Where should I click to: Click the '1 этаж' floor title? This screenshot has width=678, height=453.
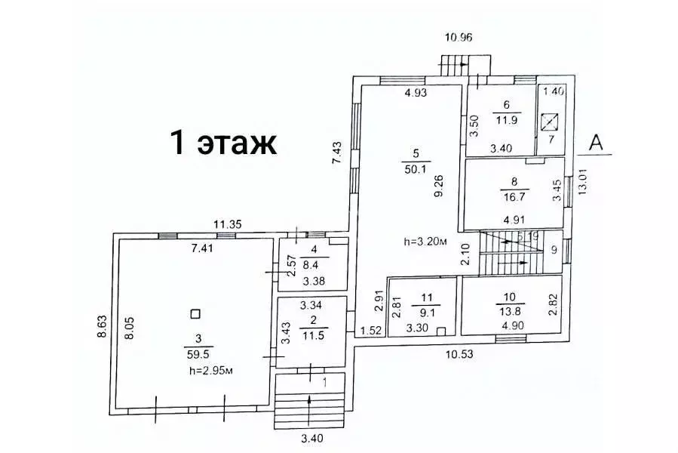pyautogui.click(x=222, y=142)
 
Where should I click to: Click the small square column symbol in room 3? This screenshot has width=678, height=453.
pyautogui.click(x=195, y=313)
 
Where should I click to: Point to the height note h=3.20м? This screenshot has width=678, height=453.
pyautogui.click(x=425, y=242)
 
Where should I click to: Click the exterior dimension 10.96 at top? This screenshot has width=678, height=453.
pyautogui.click(x=459, y=38)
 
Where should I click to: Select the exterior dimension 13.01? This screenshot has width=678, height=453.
pyautogui.click(x=582, y=182)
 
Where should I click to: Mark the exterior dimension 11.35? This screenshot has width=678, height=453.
pyautogui.click(x=227, y=224)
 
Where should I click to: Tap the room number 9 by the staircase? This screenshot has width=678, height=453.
pyautogui.click(x=554, y=249)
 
